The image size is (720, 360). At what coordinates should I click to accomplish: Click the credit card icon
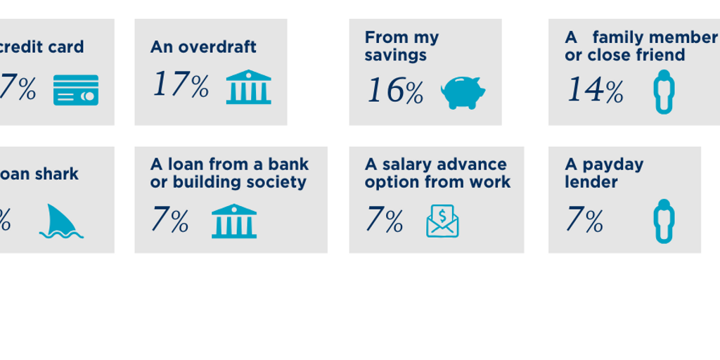click(76, 90)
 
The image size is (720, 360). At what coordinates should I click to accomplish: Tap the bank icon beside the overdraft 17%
click(248, 87)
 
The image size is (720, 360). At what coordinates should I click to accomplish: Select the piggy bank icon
click(463, 92)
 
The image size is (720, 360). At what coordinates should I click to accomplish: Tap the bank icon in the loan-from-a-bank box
click(234, 221)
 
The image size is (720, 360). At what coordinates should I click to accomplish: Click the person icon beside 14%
click(663, 91)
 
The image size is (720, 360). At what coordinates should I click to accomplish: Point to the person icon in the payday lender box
click(663, 221)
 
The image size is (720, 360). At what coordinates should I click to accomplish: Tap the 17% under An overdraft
click(181, 86)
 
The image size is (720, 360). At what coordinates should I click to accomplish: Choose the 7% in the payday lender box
click(584, 221)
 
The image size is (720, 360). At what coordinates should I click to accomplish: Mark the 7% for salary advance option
click(384, 221)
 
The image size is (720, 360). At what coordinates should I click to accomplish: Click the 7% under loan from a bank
click(169, 221)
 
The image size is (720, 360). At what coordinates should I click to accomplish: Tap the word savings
click(395, 55)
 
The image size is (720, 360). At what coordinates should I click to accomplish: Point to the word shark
click(58, 174)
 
